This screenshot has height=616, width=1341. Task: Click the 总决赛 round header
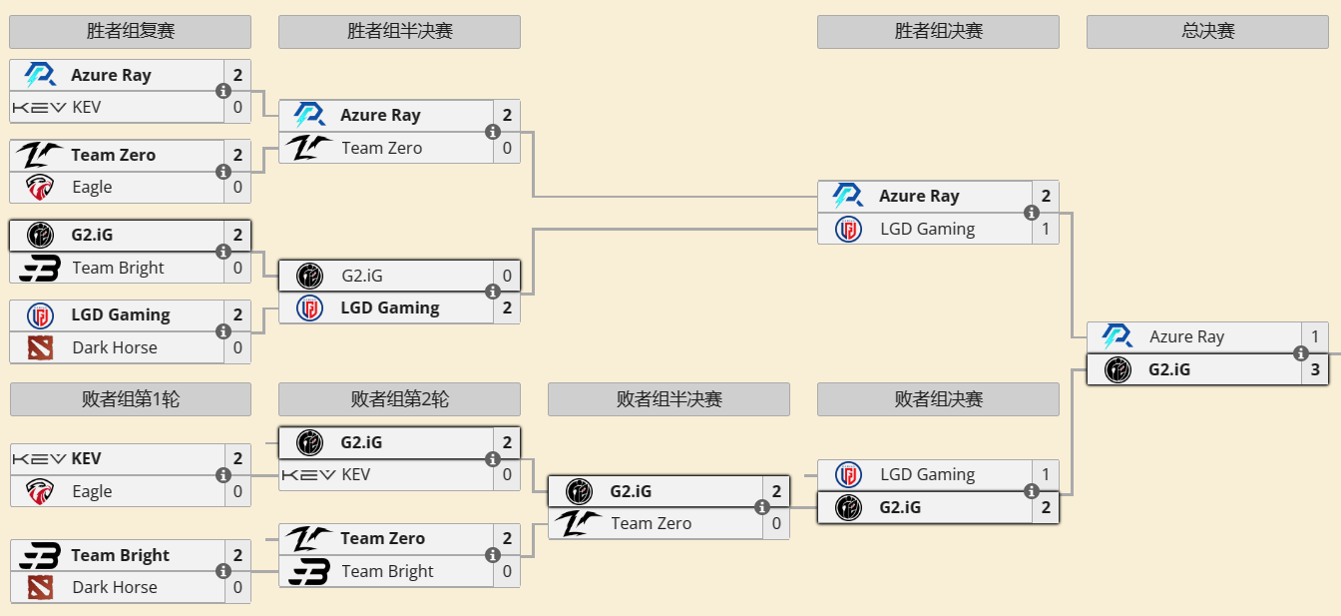1207,32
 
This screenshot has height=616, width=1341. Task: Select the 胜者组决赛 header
938,32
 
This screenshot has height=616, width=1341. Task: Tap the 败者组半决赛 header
669,399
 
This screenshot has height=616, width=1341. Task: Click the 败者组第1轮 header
130,399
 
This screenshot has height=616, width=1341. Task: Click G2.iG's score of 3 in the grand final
1315,369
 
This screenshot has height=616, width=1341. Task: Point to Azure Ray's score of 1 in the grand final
1315,336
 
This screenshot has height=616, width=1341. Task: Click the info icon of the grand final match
1301,353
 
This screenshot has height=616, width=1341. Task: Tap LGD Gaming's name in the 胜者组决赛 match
927,229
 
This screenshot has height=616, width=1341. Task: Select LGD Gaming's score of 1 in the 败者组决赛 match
1046,474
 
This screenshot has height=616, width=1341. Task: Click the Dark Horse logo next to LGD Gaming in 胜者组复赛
40,347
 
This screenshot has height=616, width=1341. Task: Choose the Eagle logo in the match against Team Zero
40,187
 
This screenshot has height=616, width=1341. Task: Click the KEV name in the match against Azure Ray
87,107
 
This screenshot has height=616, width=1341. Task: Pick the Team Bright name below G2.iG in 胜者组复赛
118,268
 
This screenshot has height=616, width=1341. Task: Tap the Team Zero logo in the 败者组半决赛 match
579,523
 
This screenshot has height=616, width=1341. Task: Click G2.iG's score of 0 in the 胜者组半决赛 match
507,276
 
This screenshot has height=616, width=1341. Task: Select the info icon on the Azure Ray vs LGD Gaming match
1032,213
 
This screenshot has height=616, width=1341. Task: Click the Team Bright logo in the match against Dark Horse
40,555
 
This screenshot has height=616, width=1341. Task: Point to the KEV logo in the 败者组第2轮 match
309,474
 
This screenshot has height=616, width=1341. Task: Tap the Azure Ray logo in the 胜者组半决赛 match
309,115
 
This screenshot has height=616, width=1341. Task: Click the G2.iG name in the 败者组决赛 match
900,507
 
